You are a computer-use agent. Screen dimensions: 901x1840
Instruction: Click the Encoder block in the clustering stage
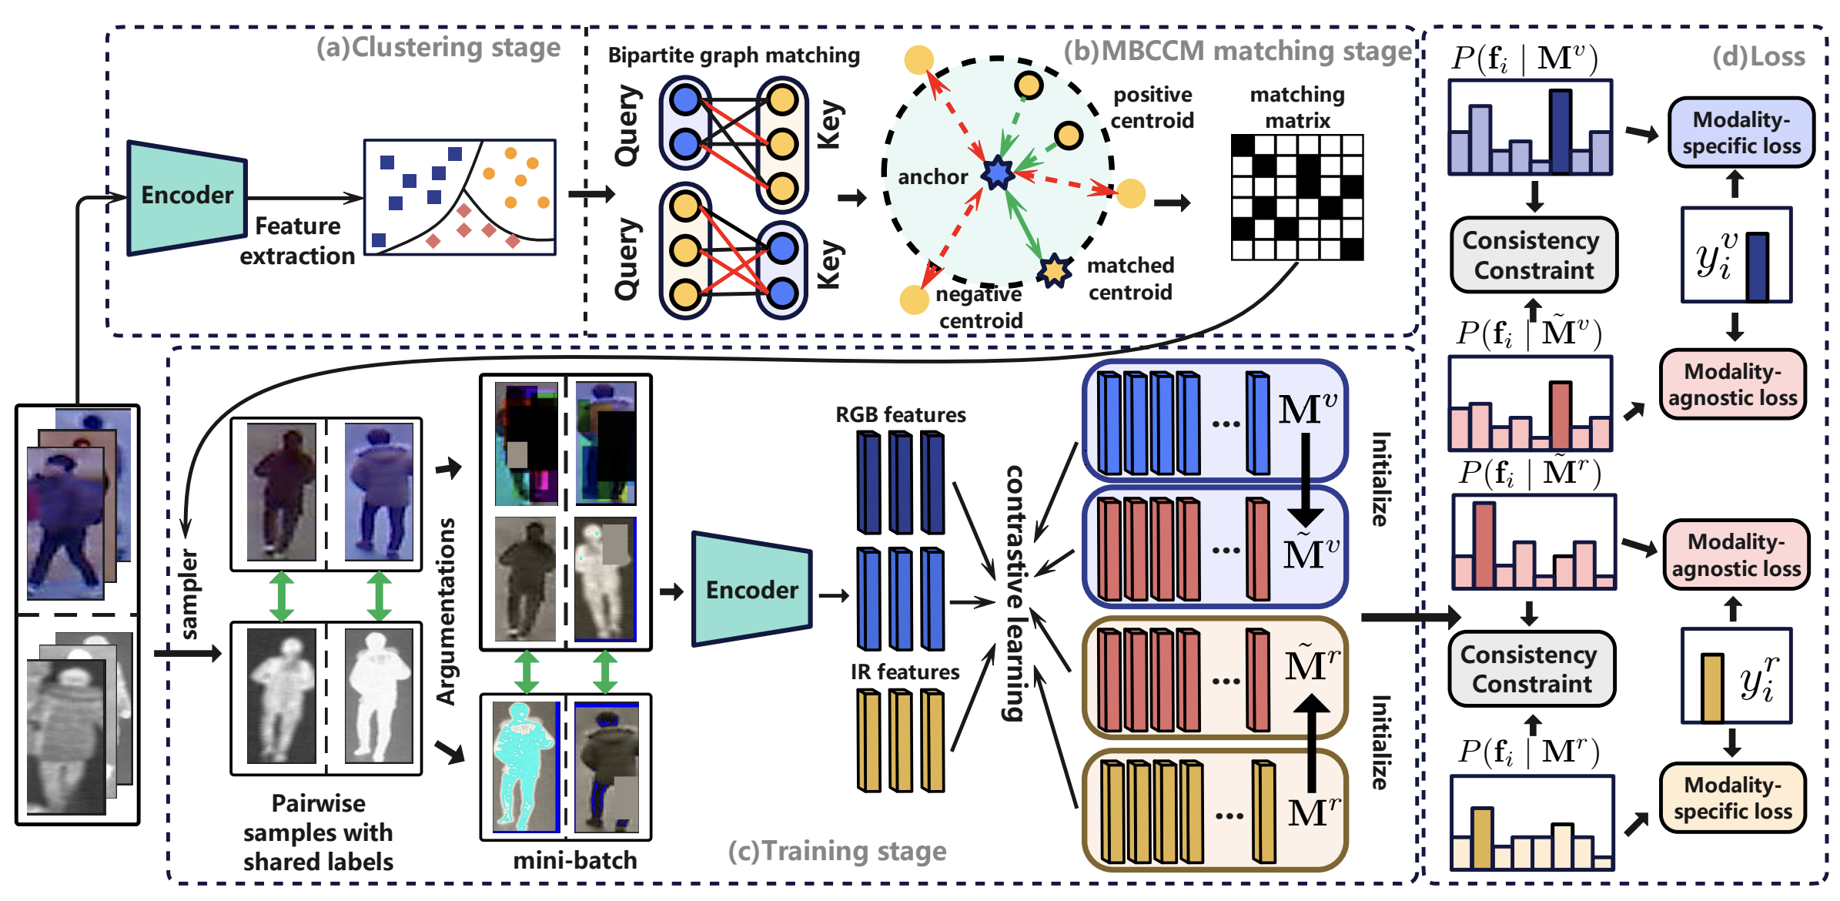[187, 197]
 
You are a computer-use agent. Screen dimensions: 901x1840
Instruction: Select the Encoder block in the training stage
[751, 589]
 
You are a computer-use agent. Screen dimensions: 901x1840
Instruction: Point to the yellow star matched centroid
[1054, 270]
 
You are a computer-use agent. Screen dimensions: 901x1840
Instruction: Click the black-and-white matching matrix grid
[1297, 197]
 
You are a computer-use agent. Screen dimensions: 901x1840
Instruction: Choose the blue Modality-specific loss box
[1741, 132]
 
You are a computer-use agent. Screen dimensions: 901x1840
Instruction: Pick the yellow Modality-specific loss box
[1732, 798]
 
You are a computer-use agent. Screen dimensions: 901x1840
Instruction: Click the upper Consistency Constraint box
[1533, 255]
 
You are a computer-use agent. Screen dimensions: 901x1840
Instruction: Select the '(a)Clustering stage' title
[438, 48]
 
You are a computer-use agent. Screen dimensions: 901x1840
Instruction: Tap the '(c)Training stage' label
[837, 851]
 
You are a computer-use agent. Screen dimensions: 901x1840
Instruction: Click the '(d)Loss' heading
[1758, 56]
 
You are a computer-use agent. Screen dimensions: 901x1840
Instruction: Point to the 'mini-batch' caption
[575, 860]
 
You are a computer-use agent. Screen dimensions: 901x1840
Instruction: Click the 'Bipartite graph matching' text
[734, 55]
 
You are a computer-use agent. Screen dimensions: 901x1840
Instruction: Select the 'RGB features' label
[900, 415]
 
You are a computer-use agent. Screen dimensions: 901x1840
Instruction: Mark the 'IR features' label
[905, 672]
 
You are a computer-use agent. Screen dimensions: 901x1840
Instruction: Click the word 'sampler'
[189, 594]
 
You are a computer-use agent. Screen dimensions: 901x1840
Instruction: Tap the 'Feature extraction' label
[297, 241]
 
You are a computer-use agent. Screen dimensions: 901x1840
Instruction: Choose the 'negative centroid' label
[979, 307]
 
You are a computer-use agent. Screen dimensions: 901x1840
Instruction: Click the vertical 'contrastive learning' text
[1015, 593]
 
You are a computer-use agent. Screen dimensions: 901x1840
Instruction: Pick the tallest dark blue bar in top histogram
[1560, 131]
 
